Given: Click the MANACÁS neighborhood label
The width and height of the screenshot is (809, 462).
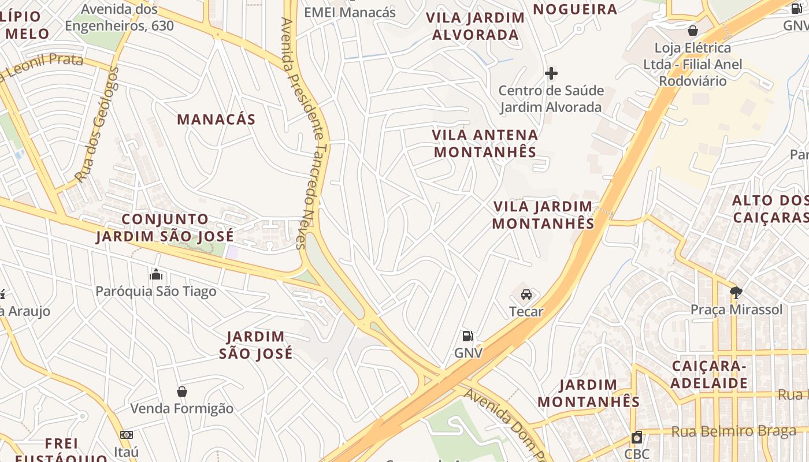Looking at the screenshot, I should [216, 120].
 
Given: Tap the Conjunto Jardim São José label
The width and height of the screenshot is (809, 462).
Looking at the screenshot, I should [165, 228].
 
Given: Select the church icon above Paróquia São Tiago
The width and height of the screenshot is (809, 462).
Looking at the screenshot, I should [156, 275].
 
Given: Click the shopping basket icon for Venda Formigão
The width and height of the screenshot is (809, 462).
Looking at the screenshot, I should [182, 392].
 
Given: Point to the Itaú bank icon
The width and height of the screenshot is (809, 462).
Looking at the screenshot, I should [127, 434].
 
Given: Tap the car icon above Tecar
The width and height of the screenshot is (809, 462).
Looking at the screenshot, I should [526, 295].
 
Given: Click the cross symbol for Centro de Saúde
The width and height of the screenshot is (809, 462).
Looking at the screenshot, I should [551, 73].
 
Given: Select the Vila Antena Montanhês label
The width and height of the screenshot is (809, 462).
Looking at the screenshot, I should [485, 143].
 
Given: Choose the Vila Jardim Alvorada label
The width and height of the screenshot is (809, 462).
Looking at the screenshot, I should [476, 26].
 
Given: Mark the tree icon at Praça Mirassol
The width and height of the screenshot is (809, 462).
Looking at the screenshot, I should [736, 293].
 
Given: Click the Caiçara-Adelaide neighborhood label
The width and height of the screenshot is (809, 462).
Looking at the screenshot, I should [710, 374].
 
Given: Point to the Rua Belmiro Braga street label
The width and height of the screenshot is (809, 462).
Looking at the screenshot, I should [733, 431].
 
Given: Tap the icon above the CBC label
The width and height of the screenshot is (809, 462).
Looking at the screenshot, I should [637, 437].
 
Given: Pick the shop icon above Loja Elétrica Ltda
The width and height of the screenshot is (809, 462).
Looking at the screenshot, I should [693, 30].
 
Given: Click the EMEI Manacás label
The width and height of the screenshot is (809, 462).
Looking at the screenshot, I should [350, 12].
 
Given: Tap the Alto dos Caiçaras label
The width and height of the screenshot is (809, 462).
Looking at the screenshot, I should [770, 208].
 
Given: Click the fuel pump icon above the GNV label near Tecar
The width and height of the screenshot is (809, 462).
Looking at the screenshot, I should [468, 336].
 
